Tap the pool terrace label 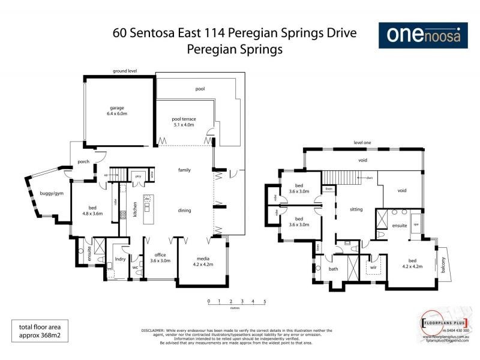(184, 122)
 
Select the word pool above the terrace (200, 88)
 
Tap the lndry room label (119, 261)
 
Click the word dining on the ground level (184, 210)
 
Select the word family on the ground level (184, 170)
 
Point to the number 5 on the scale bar (265, 301)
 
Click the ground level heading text (125, 71)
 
